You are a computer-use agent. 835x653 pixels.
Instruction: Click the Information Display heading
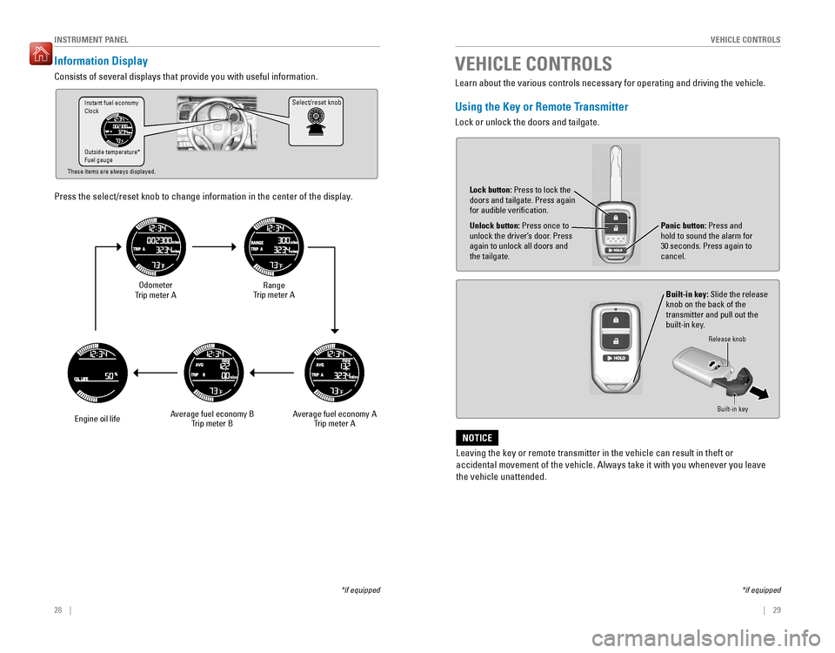(101, 62)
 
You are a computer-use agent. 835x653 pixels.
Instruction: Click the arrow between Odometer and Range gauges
(214, 247)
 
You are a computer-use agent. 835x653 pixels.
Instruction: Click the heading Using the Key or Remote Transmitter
(541, 106)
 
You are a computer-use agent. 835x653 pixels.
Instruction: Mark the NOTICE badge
(477, 437)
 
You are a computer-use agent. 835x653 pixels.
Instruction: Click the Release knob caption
(726, 339)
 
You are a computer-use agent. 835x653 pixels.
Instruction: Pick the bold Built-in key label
(686, 294)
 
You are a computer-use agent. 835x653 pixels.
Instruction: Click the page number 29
(776, 609)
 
